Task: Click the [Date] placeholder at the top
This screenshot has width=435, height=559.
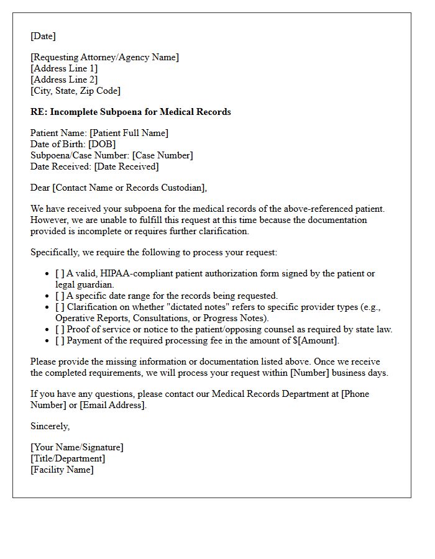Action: point(43,36)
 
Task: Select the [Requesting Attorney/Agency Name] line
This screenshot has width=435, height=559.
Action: point(104,57)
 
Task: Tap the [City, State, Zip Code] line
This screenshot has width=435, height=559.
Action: point(75,91)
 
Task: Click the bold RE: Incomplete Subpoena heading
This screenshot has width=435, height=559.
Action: point(130,112)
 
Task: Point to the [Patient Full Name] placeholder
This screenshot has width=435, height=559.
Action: point(129,133)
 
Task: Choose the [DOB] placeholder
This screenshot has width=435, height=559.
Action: point(102,144)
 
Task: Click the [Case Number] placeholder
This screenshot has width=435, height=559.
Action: point(162,155)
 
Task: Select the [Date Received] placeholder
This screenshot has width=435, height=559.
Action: point(126,166)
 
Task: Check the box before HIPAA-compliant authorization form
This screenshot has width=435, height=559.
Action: point(60,273)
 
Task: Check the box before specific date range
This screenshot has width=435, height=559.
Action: point(60,296)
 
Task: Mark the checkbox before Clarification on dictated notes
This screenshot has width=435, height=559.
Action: point(60,307)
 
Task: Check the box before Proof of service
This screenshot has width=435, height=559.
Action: point(60,329)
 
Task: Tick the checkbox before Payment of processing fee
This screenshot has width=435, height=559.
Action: point(60,340)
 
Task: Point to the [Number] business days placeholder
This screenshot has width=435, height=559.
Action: point(278,373)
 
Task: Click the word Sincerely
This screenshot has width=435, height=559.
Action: point(50,426)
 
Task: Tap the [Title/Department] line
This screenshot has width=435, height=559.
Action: point(68,458)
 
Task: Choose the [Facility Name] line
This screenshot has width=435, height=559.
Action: point(62,470)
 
